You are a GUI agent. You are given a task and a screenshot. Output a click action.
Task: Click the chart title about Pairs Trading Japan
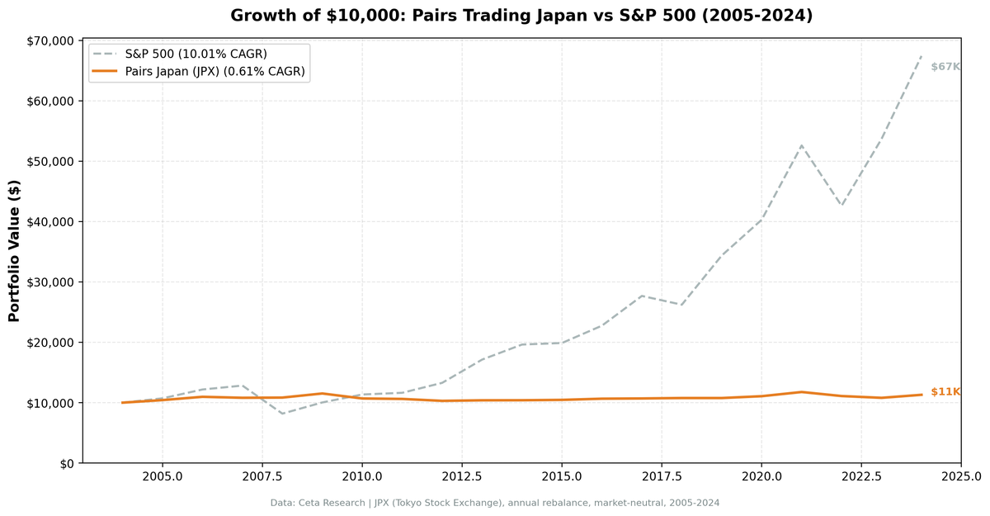(521, 16)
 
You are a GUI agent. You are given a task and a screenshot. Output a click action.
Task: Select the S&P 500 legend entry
(196, 54)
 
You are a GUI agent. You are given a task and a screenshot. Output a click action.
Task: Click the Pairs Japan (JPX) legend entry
(214, 72)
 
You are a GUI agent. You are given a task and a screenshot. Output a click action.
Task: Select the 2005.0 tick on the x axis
(163, 477)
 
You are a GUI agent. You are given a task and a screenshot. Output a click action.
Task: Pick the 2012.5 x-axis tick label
(461, 477)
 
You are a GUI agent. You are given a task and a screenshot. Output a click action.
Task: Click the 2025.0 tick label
(960, 477)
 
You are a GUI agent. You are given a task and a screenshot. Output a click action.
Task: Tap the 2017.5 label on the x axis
(661, 477)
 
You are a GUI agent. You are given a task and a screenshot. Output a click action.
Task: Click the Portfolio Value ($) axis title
(14, 250)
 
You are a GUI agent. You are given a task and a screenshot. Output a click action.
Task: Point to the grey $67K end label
(945, 67)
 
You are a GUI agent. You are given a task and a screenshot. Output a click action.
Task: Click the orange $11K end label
(945, 392)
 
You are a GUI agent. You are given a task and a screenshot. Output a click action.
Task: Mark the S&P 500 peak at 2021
(801, 145)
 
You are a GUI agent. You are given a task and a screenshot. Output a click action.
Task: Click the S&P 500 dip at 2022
(841, 206)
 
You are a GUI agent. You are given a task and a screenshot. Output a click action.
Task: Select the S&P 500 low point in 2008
(282, 414)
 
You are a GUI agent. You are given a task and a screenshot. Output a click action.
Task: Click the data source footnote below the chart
(494, 503)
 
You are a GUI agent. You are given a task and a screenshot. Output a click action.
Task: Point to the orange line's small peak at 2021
(801, 392)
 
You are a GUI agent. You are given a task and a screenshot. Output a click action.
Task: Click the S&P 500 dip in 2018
(681, 305)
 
